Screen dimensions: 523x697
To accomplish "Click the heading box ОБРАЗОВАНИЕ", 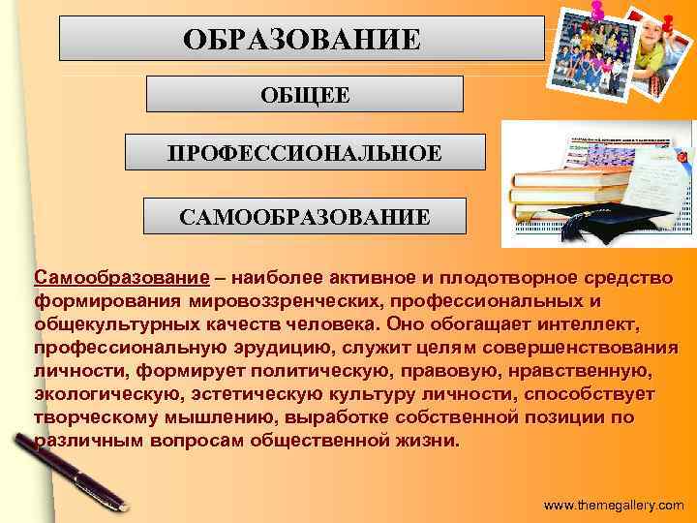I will tap(302, 39).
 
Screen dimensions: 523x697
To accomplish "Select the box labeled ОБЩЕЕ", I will tap(304, 94).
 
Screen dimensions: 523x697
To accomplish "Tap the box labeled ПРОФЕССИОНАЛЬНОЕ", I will tap(305, 153).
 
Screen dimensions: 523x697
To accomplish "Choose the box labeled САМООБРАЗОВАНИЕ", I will tap(305, 216).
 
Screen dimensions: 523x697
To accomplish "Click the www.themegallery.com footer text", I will tap(614, 506).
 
